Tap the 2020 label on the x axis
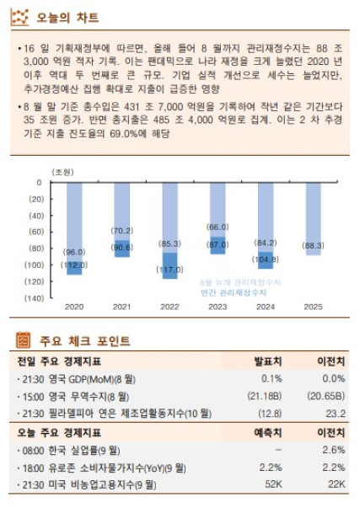(x=74, y=307)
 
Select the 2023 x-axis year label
(x=218, y=307)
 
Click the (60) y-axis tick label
(x=35, y=232)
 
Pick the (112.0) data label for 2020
(x=74, y=265)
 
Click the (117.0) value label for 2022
(x=170, y=270)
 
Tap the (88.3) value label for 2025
(x=314, y=245)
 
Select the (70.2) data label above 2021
(x=122, y=231)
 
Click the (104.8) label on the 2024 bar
(x=266, y=259)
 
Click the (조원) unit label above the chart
(x=62, y=172)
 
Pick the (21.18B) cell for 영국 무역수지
(x=265, y=396)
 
